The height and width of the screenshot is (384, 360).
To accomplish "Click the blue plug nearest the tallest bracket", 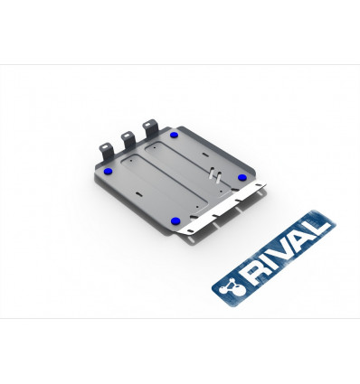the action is click(x=174, y=135).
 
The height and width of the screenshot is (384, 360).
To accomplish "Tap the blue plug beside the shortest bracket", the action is click(x=108, y=172).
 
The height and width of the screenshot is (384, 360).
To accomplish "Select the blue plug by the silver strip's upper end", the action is click(x=242, y=177).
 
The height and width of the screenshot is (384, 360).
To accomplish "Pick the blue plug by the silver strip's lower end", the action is click(x=175, y=221).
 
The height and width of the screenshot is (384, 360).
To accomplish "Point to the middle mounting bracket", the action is click(x=128, y=140).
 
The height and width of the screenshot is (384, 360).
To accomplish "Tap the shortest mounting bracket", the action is click(x=106, y=152).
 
